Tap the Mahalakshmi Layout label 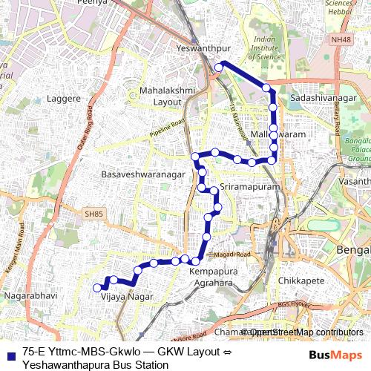coord(166,96)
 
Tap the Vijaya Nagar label coord(127,297)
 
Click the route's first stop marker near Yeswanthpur coord(219,68)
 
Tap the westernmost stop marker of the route coord(96,288)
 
